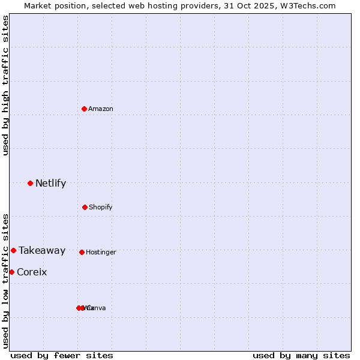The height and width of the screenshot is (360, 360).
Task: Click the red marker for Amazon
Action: point(85,109)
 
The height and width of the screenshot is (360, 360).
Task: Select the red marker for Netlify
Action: point(30,183)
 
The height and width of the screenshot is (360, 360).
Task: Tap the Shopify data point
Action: point(85,207)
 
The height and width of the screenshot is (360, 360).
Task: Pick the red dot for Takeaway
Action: point(13,250)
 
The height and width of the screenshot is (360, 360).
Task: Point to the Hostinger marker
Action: point(82,252)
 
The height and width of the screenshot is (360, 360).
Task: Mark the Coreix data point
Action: point(11,272)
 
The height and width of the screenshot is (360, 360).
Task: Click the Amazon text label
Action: point(101,109)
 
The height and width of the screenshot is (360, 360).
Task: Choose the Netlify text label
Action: point(50,184)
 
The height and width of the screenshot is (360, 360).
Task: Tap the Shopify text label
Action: point(101,208)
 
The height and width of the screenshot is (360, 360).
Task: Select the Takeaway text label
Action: point(42,251)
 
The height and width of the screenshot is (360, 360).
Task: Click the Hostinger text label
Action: point(101,253)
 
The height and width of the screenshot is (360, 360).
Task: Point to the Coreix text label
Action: point(32,272)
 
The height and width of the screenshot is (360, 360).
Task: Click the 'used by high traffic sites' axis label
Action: point(6,85)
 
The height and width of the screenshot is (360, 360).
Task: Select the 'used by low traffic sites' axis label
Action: point(6,281)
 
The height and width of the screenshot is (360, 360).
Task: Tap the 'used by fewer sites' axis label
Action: point(62,355)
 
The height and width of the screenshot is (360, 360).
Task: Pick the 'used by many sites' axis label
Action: point(301,355)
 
